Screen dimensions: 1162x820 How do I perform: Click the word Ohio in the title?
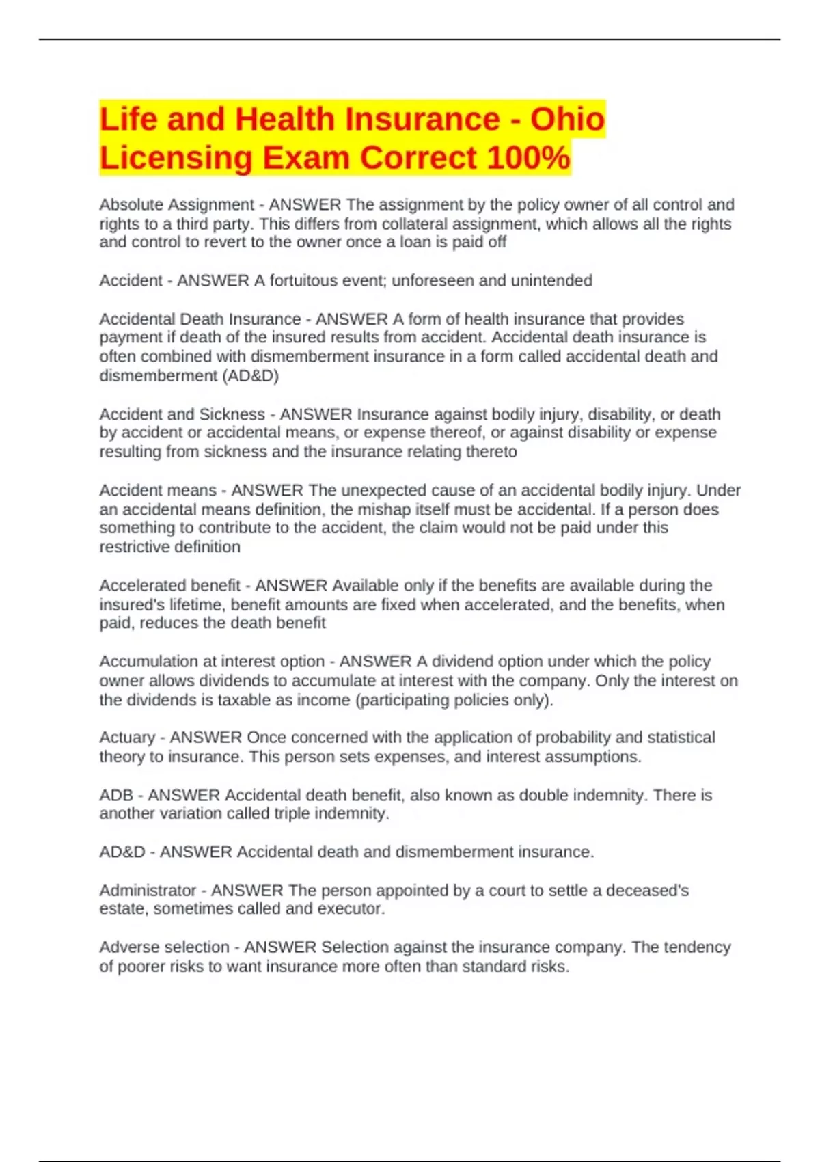[x=567, y=120]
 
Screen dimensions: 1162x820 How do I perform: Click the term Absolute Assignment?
[x=176, y=205]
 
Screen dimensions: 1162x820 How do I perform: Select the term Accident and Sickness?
[x=182, y=415]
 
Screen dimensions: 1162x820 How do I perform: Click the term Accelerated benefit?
[x=169, y=586]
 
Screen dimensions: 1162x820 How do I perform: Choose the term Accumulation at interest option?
[x=212, y=662]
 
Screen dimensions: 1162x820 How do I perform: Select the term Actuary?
[x=127, y=738]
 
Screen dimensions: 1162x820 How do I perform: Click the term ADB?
[x=116, y=796]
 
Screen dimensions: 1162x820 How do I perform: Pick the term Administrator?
[x=148, y=891]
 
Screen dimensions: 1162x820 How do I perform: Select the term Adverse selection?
[x=164, y=947]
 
